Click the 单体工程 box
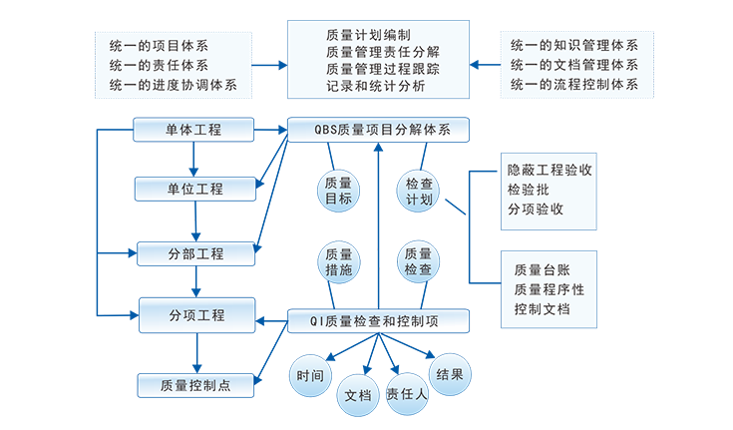pyautogui.click(x=193, y=130)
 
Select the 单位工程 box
pyautogui.click(x=194, y=189)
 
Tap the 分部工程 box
pyautogui.click(x=195, y=253)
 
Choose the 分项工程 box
pyautogui.click(x=196, y=315)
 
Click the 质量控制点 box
pyautogui.click(x=195, y=385)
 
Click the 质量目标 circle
pyautogui.click(x=338, y=191)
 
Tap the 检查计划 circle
pyautogui.click(x=418, y=191)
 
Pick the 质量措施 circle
pyautogui.click(x=338, y=261)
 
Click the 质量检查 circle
pyautogui.click(x=418, y=261)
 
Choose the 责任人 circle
pyautogui.click(x=406, y=393)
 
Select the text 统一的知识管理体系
pyautogui.click(x=573, y=45)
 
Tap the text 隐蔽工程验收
pyautogui.click(x=550, y=170)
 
